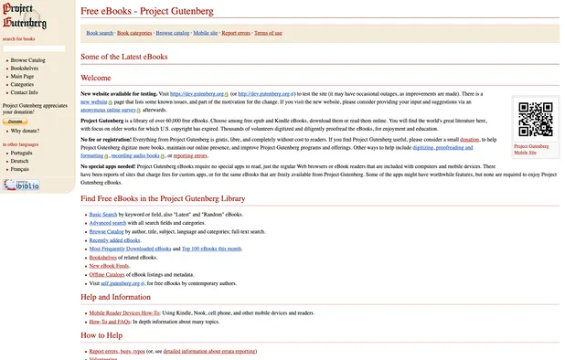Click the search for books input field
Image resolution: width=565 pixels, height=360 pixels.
click(33, 48)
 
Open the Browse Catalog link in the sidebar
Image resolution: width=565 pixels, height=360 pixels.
click(27, 60)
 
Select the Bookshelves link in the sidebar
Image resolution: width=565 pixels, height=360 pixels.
click(25, 69)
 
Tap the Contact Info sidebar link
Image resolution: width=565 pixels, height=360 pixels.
click(24, 92)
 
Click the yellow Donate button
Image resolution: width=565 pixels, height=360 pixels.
click(15, 121)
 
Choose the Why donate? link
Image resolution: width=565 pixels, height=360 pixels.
click(24, 131)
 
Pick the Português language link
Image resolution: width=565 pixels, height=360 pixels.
click(23, 153)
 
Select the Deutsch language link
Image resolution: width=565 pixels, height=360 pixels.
click(20, 161)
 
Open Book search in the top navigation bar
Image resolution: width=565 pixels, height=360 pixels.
click(100, 33)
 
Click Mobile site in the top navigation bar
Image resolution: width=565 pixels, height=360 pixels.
click(206, 33)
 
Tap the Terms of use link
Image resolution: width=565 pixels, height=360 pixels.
click(268, 33)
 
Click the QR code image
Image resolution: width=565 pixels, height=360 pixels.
click(536, 119)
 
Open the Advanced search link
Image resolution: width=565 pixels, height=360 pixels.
click(107, 223)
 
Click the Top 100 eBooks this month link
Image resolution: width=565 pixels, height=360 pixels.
click(211, 249)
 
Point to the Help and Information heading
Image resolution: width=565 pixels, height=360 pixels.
click(115, 297)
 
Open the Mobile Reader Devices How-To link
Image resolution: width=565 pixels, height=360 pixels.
click(123, 312)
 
